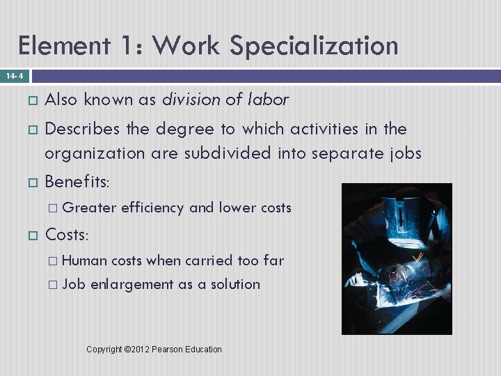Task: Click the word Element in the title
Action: (63, 46)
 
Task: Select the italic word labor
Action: (268, 100)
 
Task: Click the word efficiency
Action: (152, 207)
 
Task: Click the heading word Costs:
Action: (67, 235)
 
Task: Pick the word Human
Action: (84, 260)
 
